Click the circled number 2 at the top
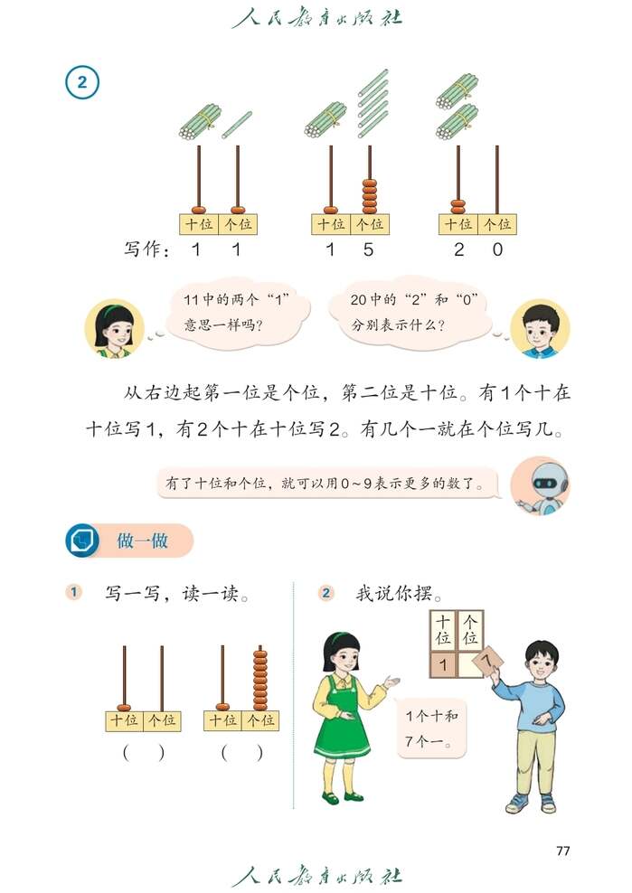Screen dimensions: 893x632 pos(81,84)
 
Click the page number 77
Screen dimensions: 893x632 pos(562,850)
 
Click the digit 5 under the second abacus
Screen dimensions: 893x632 pos(368,250)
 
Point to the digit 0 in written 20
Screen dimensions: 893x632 pos(497,250)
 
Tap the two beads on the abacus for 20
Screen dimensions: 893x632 pos(458,206)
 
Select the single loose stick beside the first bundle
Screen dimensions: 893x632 pos(237,125)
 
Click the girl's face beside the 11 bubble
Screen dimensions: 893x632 pos(115,327)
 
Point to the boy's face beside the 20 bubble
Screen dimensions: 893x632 pos(540,327)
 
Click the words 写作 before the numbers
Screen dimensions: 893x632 pos(146,250)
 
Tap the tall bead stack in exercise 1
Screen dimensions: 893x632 pos(260,680)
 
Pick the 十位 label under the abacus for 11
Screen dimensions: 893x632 pos(199,224)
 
